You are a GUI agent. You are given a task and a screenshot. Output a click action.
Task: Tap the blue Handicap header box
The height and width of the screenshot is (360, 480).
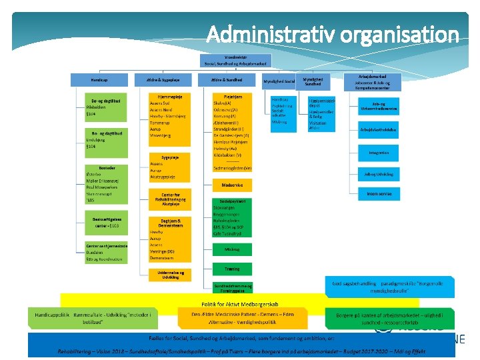point(100,79)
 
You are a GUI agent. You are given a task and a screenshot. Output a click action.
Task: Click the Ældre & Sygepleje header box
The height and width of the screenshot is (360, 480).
point(163,79)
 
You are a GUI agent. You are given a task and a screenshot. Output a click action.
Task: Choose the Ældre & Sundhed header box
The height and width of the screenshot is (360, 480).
point(227,79)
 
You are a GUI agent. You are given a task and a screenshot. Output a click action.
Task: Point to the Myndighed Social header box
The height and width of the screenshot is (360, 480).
point(279,81)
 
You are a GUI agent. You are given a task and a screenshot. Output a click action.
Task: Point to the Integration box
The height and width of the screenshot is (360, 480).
point(378,153)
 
